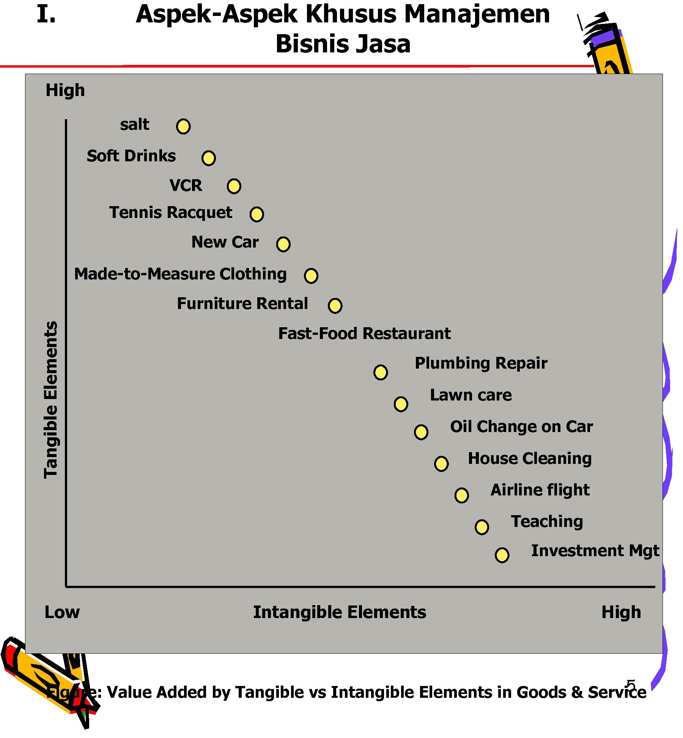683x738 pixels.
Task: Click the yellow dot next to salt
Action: click(183, 126)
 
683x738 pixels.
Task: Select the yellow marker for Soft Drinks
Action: click(209, 158)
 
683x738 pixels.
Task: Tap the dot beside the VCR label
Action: click(234, 186)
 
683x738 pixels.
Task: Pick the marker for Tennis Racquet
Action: click(257, 214)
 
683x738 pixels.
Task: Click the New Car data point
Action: click(283, 244)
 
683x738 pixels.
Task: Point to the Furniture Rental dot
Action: click(335, 305)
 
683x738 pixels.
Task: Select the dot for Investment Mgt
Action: click(502, 555)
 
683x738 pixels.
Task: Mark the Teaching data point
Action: click(482, 527)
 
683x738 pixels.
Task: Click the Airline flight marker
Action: click(461, 495)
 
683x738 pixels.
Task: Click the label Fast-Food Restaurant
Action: click(364, 333)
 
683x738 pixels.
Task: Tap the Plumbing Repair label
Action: click(481, 363)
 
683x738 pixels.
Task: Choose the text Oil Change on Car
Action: click(521, 427)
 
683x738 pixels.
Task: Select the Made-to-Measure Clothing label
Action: click(180, 274)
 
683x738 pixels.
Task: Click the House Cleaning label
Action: click(530, 459)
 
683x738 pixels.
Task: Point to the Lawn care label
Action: click(471, 395)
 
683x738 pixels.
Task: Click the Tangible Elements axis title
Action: click(51, 399)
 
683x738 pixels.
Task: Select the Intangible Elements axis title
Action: click(340, 612)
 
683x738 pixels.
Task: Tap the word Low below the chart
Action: click(62, 612)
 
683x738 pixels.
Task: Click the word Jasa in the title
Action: click(383, 44)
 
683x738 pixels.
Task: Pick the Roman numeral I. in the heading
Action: click(46, 14)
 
